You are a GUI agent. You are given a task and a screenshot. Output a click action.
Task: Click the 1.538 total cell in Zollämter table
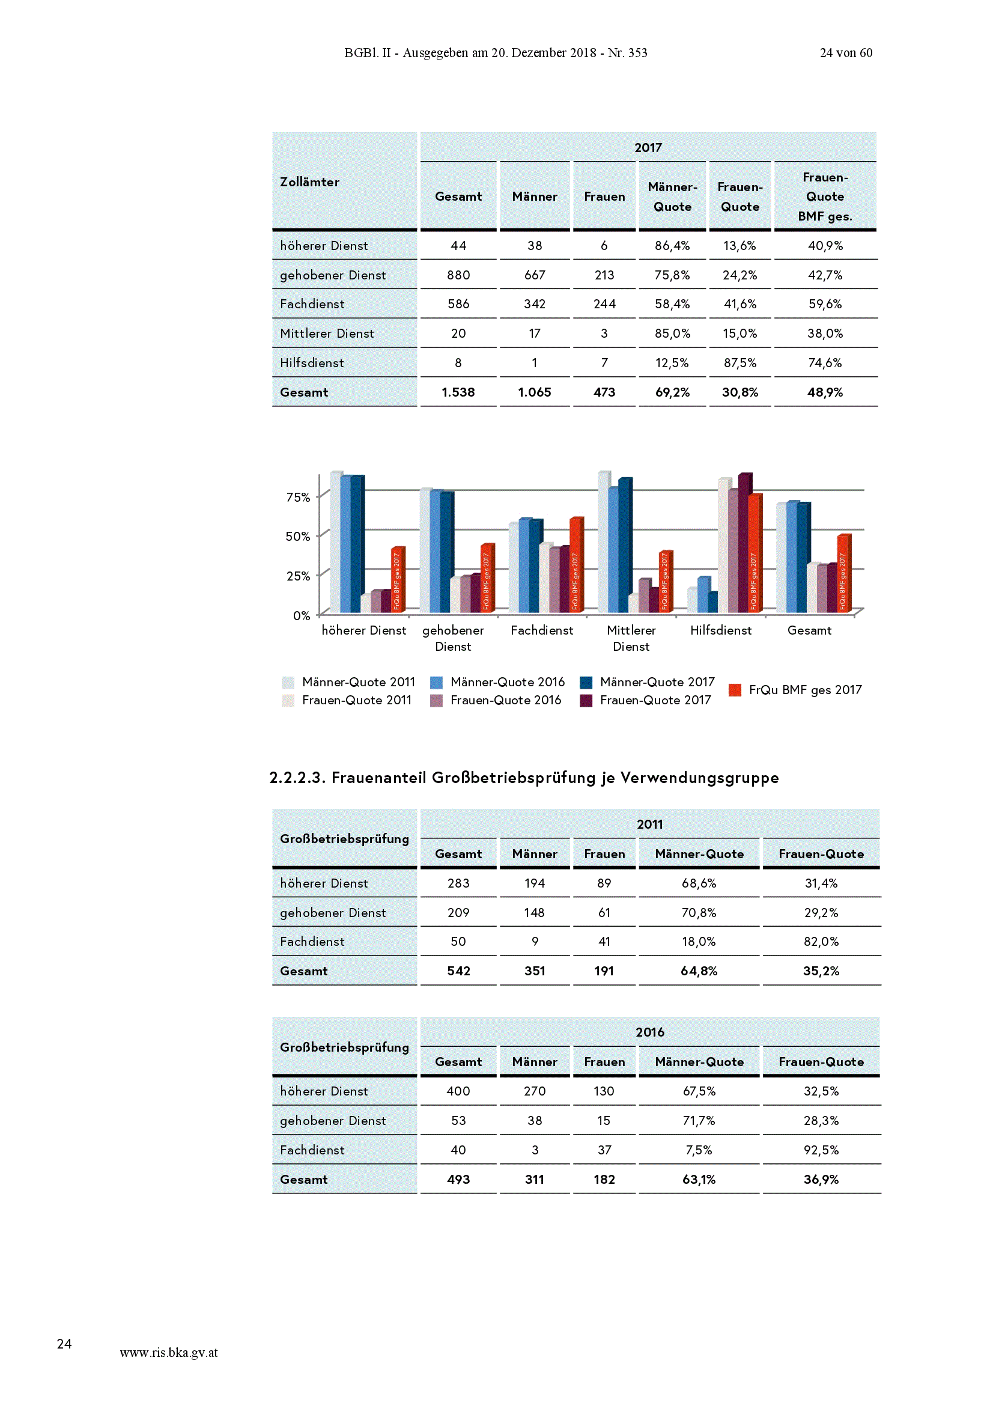[458, 392]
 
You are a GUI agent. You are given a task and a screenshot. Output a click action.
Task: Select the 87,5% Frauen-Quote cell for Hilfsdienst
[739, 363]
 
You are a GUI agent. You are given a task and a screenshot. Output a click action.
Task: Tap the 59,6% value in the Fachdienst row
[825, 304]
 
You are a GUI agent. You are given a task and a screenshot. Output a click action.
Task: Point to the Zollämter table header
[309, 181]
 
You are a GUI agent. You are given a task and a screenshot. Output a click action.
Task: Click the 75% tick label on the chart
[298, 497]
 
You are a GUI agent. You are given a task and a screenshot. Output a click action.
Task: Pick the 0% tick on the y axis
[301, 615]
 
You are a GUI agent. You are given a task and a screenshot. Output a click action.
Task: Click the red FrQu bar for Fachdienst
[576, 564]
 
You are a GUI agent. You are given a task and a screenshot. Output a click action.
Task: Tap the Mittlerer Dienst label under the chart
[631, 638]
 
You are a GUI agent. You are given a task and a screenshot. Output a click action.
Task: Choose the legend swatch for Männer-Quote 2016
[436, 682]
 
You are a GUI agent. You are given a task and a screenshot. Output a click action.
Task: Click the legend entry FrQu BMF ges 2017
[795, 690]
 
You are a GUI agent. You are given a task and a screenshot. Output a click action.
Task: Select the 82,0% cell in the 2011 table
[821, 942]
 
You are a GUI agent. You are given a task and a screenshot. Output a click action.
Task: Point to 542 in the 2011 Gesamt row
[458, 971]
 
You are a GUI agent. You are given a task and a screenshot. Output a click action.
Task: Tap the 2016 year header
[650, 1032]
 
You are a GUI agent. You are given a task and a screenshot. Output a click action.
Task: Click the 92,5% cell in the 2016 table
[821, 1150]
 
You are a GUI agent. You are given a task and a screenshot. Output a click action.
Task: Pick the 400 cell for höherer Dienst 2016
[458, 1091]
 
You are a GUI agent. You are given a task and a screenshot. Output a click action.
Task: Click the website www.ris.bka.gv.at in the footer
[169, 1352]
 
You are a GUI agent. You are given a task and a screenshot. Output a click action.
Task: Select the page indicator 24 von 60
[846, 53]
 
